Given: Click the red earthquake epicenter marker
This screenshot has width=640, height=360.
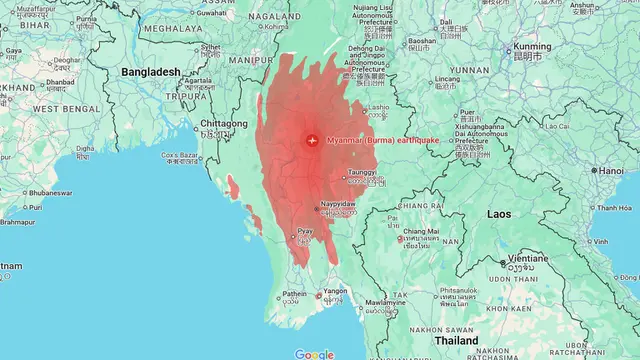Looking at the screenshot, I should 312,140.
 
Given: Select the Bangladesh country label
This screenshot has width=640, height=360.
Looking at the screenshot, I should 151,72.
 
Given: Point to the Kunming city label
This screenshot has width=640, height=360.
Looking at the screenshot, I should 531,47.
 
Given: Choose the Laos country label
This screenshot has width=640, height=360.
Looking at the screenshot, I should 501,213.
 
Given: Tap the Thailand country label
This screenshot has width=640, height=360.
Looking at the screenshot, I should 455,340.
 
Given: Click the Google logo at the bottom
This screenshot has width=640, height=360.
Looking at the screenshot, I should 314,354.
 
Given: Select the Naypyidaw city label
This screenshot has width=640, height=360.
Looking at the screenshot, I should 338,203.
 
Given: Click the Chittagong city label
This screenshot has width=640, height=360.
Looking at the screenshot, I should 224,123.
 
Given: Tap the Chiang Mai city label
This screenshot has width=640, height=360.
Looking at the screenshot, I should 421,232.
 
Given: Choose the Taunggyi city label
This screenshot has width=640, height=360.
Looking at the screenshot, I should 362,172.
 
